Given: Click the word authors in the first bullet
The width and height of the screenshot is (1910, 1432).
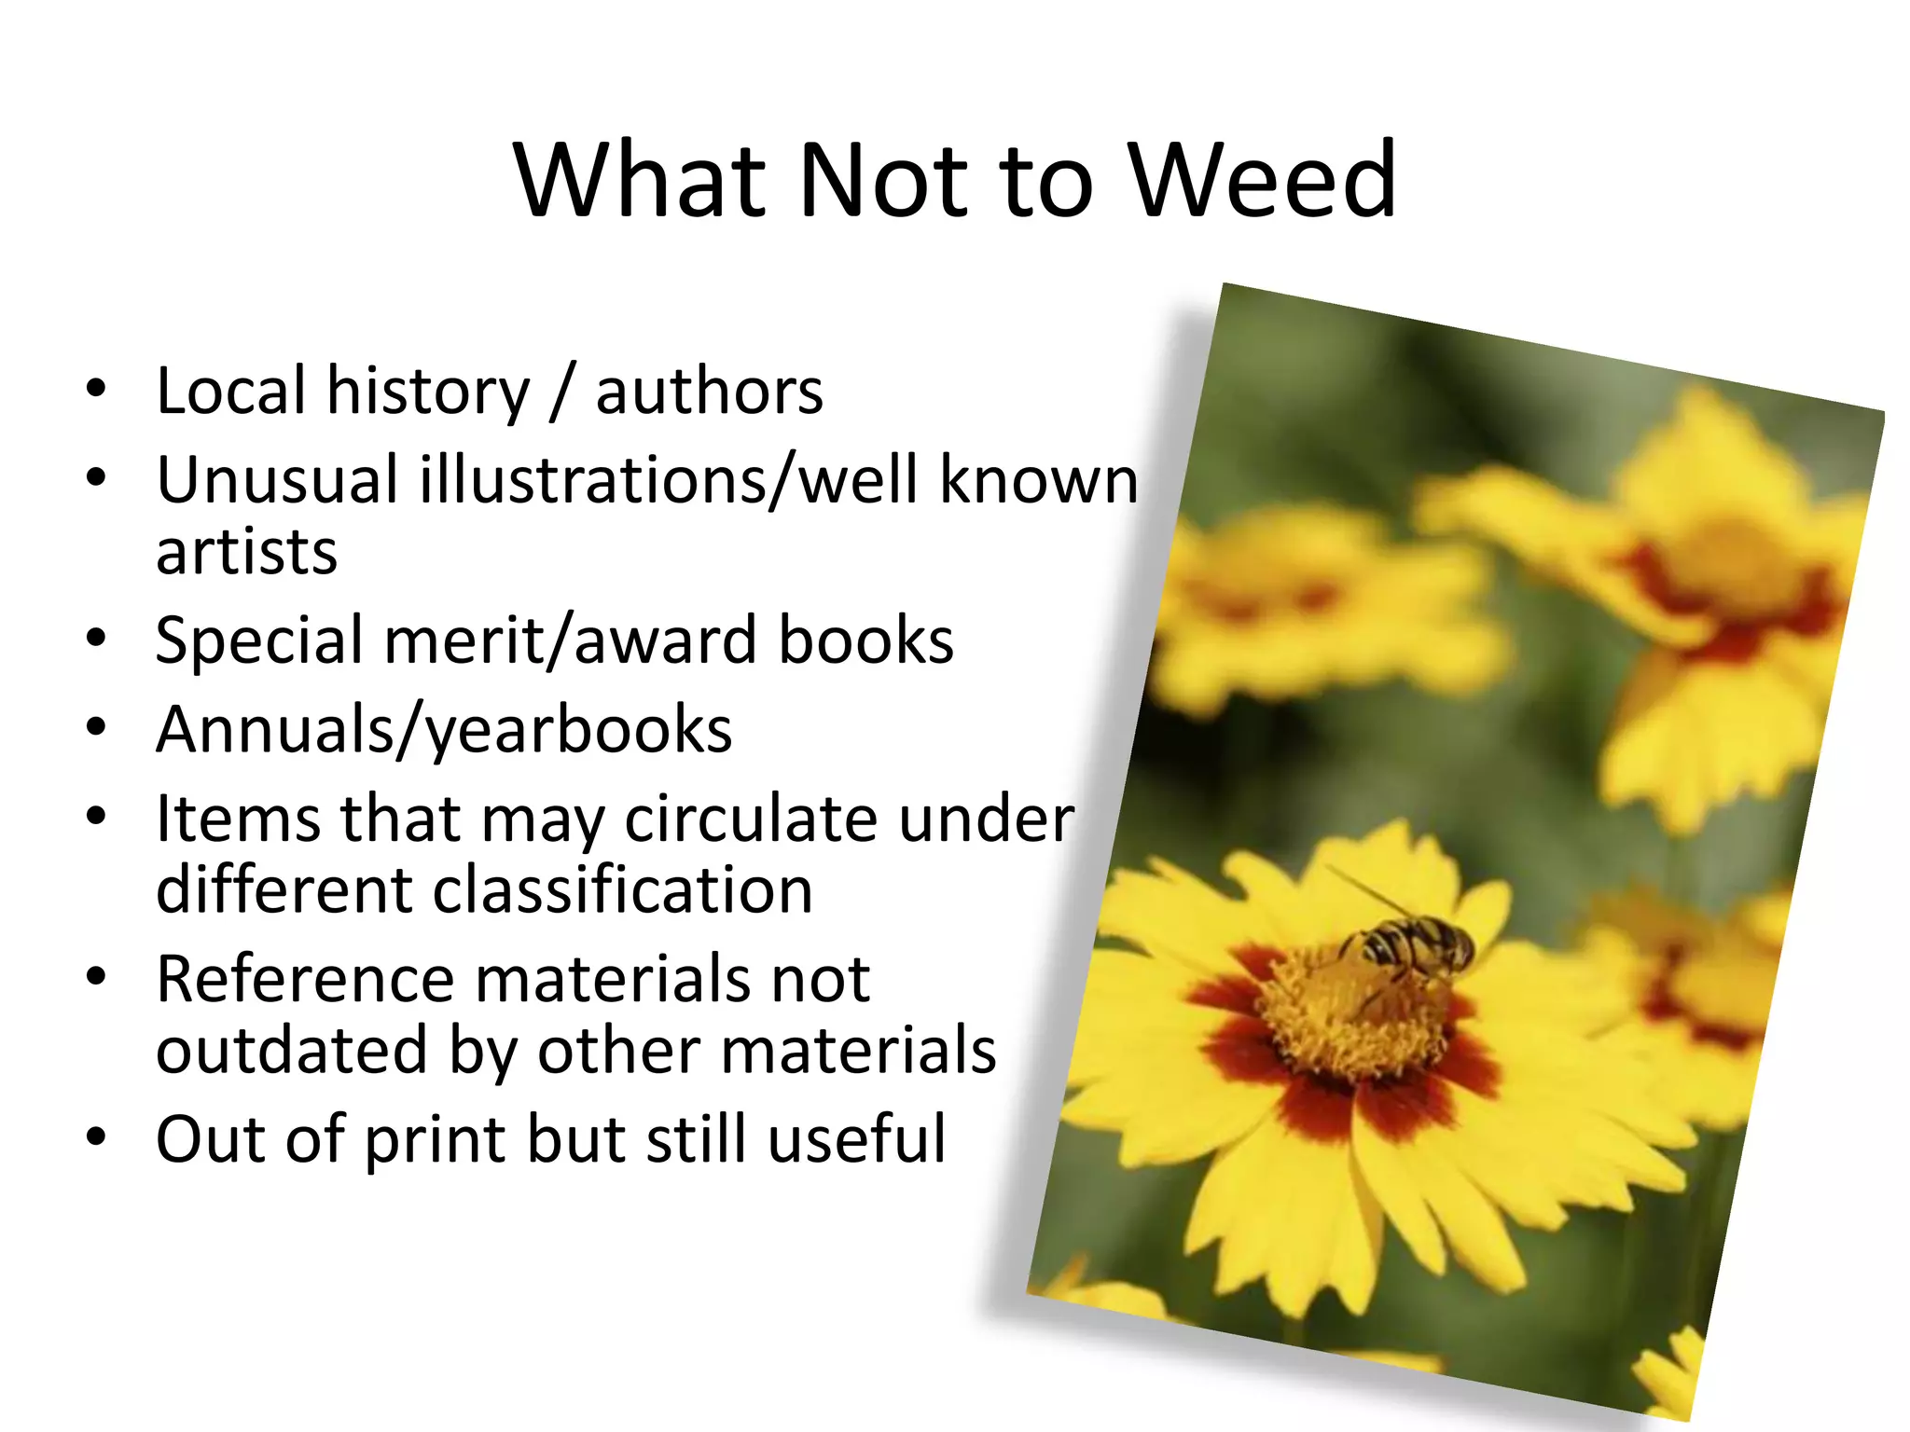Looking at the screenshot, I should pos(710,391).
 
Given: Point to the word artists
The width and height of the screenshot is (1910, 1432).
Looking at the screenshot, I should pos(246,552).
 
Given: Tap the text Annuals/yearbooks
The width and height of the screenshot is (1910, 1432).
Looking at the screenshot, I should pos(444,730).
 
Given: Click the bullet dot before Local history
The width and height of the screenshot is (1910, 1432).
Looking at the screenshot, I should pos(96,389).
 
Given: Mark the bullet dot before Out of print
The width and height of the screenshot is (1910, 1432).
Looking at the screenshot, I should pos(96,1137).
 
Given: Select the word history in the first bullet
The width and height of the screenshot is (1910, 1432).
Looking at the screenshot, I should pos(428,391).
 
